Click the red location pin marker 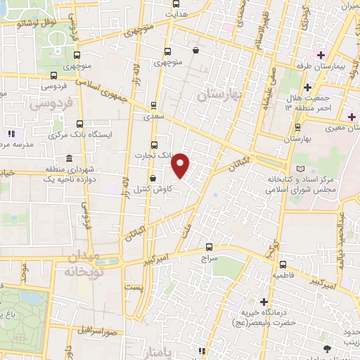point(181,165)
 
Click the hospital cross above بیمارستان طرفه point(320,55)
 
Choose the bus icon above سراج point(209,247)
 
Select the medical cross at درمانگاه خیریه point(264,300)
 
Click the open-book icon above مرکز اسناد point(302,169)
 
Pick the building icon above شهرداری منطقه point(68,158)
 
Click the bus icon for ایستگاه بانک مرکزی point(79,124)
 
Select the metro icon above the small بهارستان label point(298,127)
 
